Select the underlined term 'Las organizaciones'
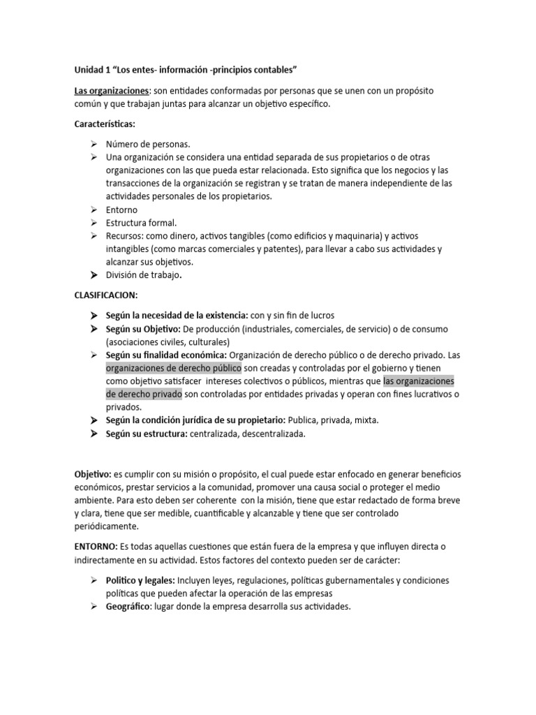[112, 91]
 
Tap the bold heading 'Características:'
[105, 124]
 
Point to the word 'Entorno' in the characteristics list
[121, 209]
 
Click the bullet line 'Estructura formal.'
[141, 223]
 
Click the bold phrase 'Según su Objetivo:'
[143, 328]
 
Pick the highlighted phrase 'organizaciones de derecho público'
[174, 368]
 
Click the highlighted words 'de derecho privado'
[144, 395]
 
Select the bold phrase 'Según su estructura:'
[147, 434]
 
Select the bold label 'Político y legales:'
[140, 580]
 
